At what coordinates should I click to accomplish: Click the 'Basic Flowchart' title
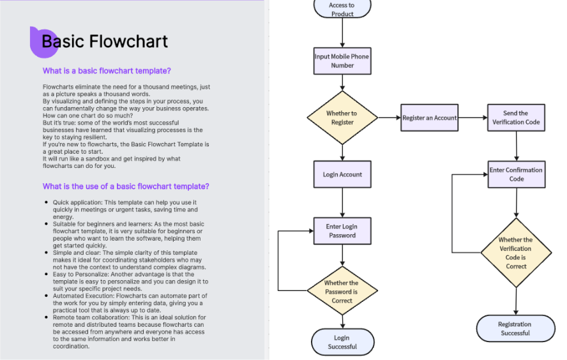(105, 42)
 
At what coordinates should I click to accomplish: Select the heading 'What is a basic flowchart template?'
(107, 71)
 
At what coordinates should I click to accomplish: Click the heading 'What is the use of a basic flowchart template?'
(126, 186)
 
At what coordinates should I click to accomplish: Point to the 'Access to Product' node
(342, 8)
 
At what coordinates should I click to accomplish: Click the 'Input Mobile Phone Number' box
(342, 61)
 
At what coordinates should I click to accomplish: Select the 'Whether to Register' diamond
(342, 118)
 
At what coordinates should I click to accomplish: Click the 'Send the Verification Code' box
(516, 118)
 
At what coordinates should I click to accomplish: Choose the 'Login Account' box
(342, 174)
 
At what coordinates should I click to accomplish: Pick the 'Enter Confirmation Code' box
(516, 174)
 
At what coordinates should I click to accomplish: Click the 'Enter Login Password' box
(342, 230)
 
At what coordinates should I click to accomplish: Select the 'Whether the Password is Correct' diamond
(342, 292)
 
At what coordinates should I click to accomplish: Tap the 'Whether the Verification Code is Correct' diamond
(516, 253)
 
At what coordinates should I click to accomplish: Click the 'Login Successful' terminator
(342, 342)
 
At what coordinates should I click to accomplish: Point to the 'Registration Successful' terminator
(515, 328)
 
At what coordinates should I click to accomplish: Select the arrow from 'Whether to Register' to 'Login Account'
(342, 151)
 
